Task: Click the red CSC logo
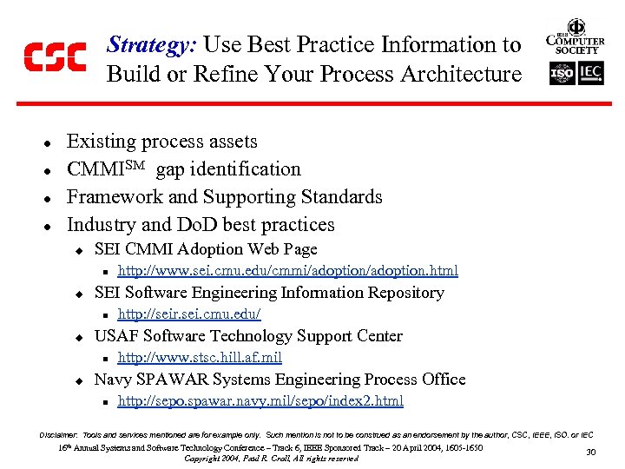55,57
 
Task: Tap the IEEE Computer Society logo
575,36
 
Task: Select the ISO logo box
562,74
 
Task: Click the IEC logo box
590,74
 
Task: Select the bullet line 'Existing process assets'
162,142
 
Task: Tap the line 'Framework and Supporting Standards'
224,197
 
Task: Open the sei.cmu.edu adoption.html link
287,271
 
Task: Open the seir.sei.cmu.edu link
188,314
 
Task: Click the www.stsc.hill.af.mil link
200,358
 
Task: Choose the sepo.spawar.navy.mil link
260,401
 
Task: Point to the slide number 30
591,452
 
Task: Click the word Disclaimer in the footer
58,433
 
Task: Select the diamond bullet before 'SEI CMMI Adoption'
77,250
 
